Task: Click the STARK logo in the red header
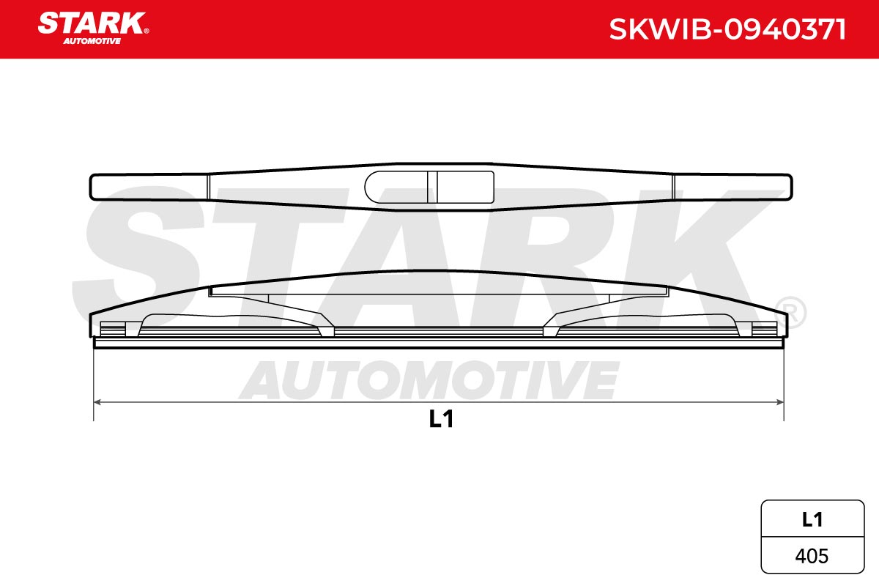(92, 23)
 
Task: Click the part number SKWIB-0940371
(727, 30)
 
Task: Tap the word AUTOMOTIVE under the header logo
(92, 41)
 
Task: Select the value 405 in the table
(812, 556)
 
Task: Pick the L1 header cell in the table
(812, 520)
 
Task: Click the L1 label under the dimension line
(441, 419)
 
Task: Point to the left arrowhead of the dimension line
(97, 402)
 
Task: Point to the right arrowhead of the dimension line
(780, 402)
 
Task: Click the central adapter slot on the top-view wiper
(429, 187)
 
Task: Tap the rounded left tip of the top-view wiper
(92, 187)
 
